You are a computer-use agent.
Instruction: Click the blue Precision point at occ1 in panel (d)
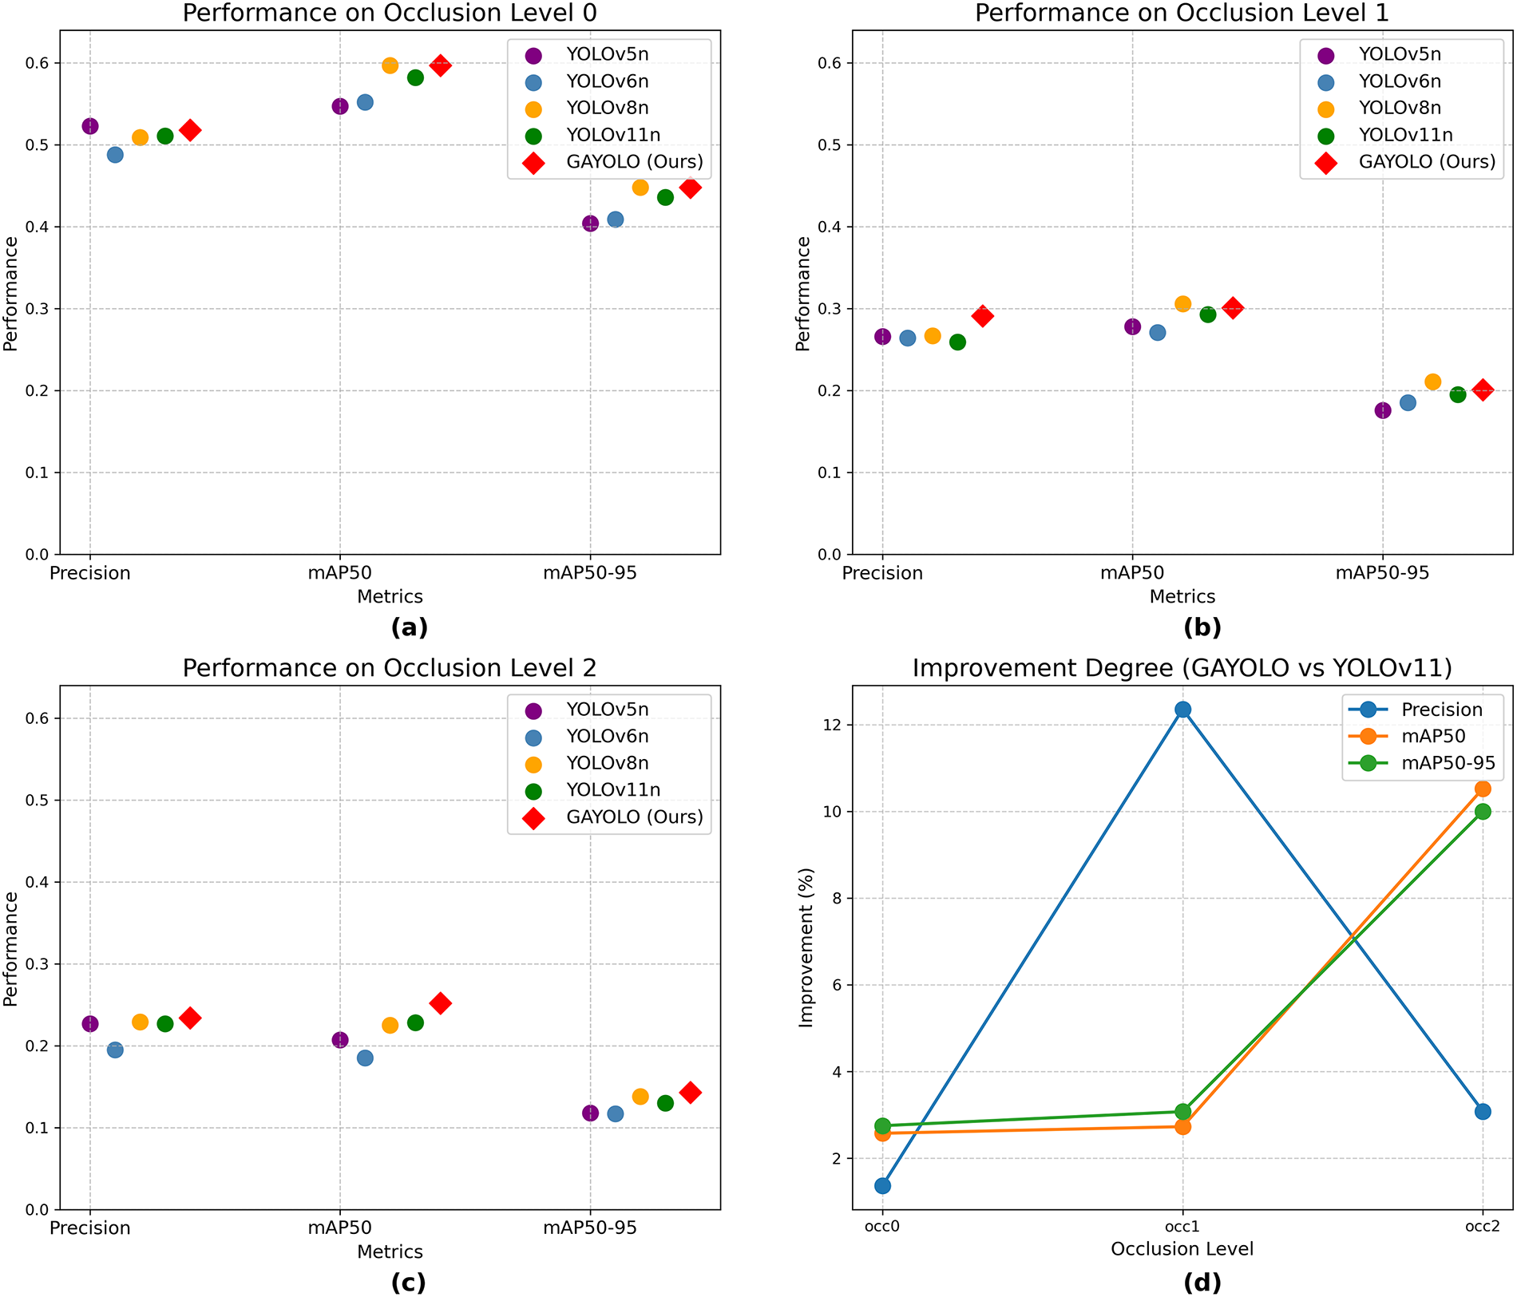pyautogui.click(x=1182, y=710)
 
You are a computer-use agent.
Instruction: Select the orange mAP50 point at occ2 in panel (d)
pyautogui.click(x=1483, y=789)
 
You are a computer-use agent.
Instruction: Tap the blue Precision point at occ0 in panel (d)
pyautogui.click(x=882, y=1186)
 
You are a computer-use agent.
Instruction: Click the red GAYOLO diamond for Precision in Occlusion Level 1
pyautogui.click(x=983, y=316)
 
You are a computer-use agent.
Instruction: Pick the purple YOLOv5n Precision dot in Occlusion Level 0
pyautogui.click(x=90, y=126)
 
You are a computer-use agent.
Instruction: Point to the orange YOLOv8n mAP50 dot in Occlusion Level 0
pyautogui.click(x=390, y=65)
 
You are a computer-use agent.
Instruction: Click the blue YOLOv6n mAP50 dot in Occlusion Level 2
pyautogui.click(x=365, y=1058)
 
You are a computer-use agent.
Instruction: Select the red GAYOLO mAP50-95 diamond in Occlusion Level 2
pyautogui.click(x=691, y=1093)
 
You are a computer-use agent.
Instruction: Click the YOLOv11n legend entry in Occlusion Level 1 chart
pyautogui.click(x=1405, y=135)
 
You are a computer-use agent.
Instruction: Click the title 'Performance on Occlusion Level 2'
pyautogui.click(x=390, y=668)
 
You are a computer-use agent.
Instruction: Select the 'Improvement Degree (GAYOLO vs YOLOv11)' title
pyautogui.click(x=1182, y=668)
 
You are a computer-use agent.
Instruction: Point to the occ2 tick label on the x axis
pyautogui.click(x=1483, y=1227)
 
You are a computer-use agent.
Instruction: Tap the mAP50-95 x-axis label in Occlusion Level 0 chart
pyautogui.click(x=590, y=573)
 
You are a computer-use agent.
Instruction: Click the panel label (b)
pyautogui.click(x=1202, y=628)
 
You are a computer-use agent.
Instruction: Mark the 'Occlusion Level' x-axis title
pyautogui.click(x=1182, y=1249)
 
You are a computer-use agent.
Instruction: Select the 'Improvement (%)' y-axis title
pyautogui.click(x=806, y=947)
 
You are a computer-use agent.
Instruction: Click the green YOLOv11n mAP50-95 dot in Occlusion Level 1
pyautogui.click(x=1458, y=394)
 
